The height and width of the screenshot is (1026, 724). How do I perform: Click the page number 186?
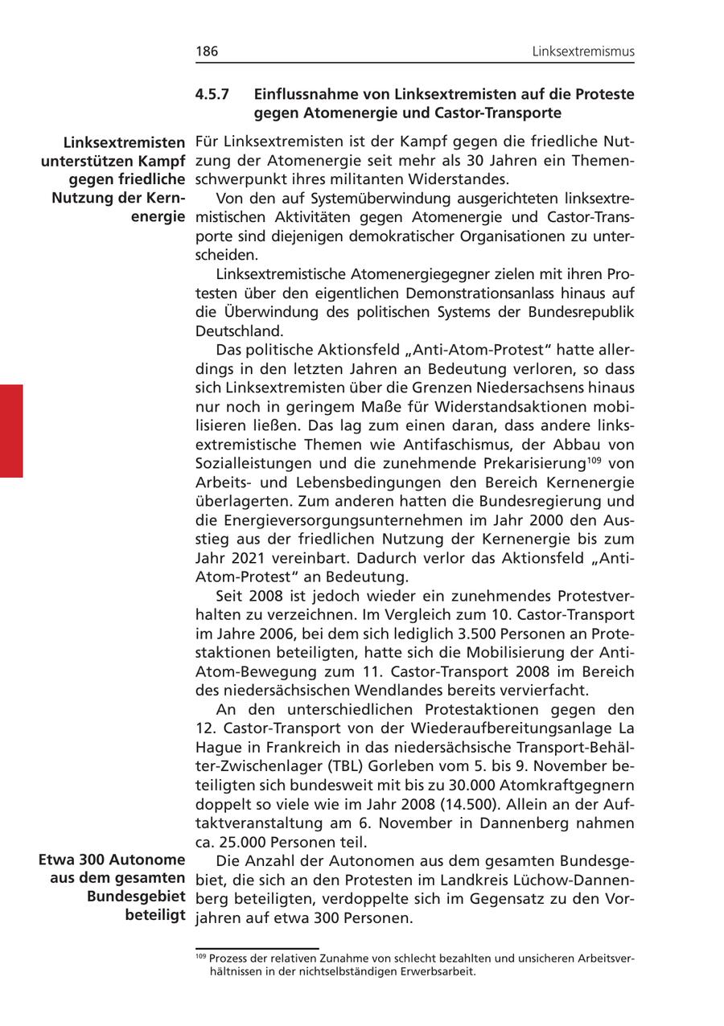[207, 52]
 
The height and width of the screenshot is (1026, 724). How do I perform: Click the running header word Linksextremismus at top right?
[583, 52]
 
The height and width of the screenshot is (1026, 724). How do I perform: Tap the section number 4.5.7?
[212, 95]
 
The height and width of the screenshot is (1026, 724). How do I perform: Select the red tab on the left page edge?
[11, 431]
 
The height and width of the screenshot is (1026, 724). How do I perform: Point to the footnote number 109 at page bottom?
[200, 956]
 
